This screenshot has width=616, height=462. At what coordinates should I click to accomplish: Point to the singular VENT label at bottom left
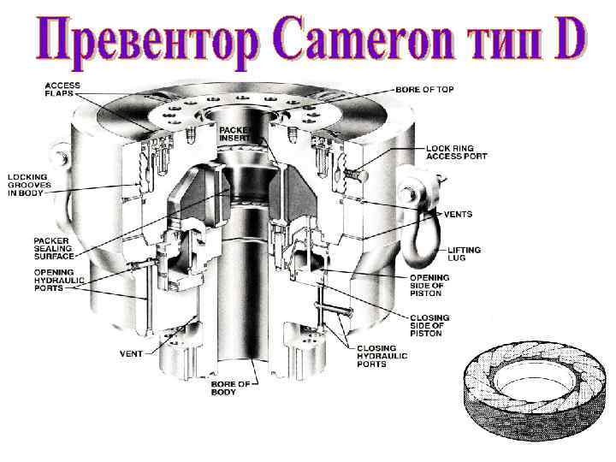[129, 352]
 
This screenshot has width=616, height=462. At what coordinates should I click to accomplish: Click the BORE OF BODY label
[230, 388]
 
